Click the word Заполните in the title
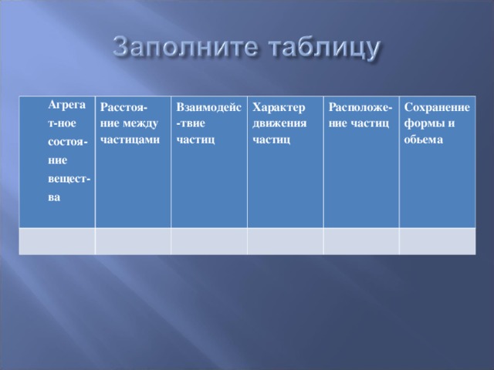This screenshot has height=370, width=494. pos(185,48)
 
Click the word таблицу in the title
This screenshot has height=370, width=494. pos(324,49)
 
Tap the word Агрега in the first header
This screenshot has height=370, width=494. pos(67,105)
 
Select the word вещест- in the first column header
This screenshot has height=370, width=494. pos(69,179)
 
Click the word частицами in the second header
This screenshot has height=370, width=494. pos(130,140)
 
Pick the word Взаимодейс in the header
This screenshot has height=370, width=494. pos(209,107)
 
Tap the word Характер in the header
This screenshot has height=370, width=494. pos(279,108)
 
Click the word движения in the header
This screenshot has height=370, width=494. pos(279,123)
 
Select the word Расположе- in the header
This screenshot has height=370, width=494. pos(360,108)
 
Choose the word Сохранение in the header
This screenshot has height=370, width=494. pos(437,107)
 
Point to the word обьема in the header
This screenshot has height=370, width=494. pos(424,140)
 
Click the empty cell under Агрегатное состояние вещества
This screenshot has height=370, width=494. pos(57,241)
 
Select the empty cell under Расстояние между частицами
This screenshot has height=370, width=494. pos(133,241)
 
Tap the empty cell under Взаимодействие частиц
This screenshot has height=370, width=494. pos(209,241)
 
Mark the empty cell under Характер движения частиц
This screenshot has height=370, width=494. pos(286,241)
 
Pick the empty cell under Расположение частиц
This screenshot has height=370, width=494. pos(361,241)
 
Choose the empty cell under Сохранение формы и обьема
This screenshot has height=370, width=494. pos(438,241)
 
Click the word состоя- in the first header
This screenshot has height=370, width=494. pos(68,142)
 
